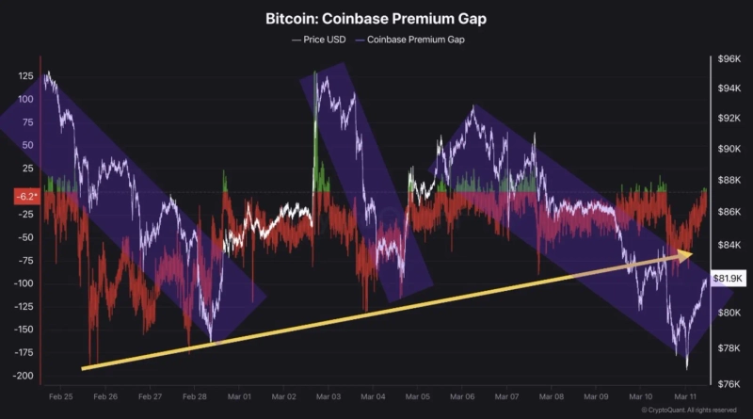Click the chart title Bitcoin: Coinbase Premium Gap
pyautogui.click(x=376, y=18)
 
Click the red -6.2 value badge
pyautogui.click(x=25, y=198)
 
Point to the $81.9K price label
pyautogui.click(x=729, y=279)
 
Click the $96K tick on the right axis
pyautogui.click(x=729, y=58)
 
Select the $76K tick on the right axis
pyautogui.click(x=729, y=383)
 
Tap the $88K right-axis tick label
pyautogui.click(x=729, y=180)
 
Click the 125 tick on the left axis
pyautogui.click(x=24, y=75)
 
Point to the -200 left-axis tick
pyautogui.click(x=23, y=376)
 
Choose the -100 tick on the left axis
pyautogui.click(x=23, y=283)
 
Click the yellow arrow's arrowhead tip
pyautogui.click(x=693, y=253)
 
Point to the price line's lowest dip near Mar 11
pyautogui.click(x=687, y=367)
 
